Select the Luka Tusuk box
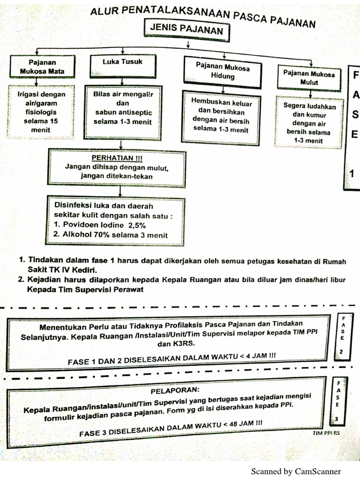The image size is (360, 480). [122, 67]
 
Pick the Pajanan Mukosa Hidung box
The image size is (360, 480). [222, 72]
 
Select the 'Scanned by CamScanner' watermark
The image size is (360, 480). [296, 471]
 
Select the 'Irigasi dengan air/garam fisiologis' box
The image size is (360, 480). [41, 112]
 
